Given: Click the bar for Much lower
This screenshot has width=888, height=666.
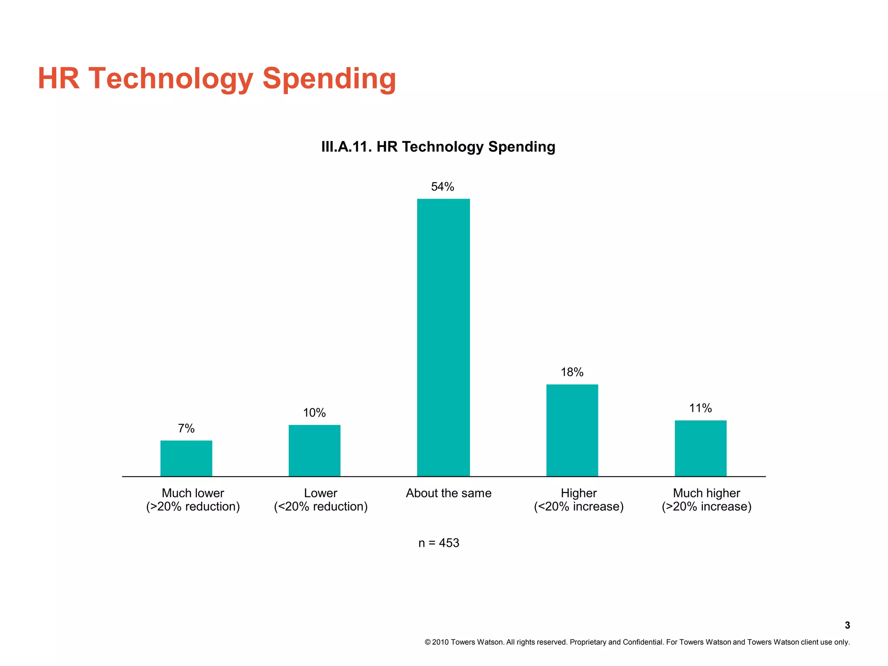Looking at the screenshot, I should point(186,458).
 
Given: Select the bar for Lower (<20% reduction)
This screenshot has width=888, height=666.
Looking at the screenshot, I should point(314,451).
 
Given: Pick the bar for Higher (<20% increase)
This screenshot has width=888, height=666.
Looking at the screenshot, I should point(572,430).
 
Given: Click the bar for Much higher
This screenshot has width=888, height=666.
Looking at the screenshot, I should point(700,448).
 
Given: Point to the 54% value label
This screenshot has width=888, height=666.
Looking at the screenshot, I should point(442,187).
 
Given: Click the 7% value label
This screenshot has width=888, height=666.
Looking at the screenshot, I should point(186,428).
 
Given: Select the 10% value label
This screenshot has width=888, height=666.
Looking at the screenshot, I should point(314,413).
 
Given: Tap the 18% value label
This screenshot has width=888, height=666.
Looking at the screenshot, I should point(572,372).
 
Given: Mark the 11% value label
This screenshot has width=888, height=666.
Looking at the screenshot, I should point(700,408).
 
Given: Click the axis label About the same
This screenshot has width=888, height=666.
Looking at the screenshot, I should point(448,493).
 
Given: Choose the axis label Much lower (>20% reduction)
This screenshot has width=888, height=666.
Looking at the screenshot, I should point(193,500).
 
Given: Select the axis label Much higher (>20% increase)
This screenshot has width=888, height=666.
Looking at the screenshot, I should point(706,500).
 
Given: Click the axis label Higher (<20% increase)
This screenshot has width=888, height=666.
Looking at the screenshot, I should point(578,500).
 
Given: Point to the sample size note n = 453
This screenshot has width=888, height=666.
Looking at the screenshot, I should point(438,543).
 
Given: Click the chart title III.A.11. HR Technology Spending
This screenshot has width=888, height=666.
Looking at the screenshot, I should point(438,147).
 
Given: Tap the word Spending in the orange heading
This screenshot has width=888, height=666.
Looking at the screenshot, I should point(329,79).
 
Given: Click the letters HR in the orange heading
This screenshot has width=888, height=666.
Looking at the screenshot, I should point(59,79).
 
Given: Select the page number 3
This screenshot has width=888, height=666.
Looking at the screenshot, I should point(847,625).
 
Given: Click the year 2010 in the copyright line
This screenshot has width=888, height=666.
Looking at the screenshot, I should point(440,642).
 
